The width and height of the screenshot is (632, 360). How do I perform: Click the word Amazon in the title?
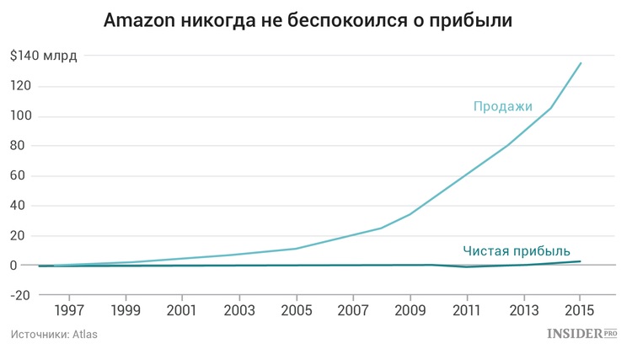pyautogui.click(x=140, y=19)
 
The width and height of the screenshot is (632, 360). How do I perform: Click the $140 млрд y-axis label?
pyautogui.click(x=44, y=56)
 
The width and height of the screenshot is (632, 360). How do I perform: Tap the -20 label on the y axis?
pyautogui.click(x=22, y=295)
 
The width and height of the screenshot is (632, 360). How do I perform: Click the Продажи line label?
pyautogui.click(x=503, y=106)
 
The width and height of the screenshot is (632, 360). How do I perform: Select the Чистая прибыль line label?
pyautogui.click(x=517, y=250)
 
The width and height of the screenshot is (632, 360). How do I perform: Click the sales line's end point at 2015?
pyautogui.click(x=581, y=63)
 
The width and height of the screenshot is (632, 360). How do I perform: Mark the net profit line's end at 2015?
pyautogui.click(x=580, y=261)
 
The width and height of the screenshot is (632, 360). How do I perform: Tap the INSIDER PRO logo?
pyautogui.click(x=582, y=334)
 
